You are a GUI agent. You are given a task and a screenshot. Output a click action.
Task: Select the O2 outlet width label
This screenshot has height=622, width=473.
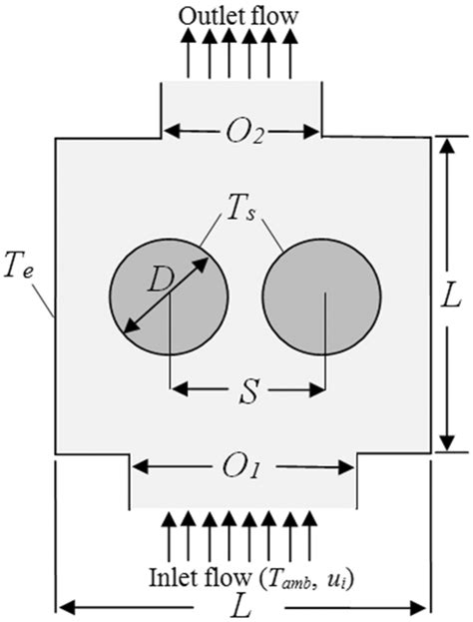(240, 131)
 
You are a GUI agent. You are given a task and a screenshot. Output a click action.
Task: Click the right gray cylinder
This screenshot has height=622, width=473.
(321, 297)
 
